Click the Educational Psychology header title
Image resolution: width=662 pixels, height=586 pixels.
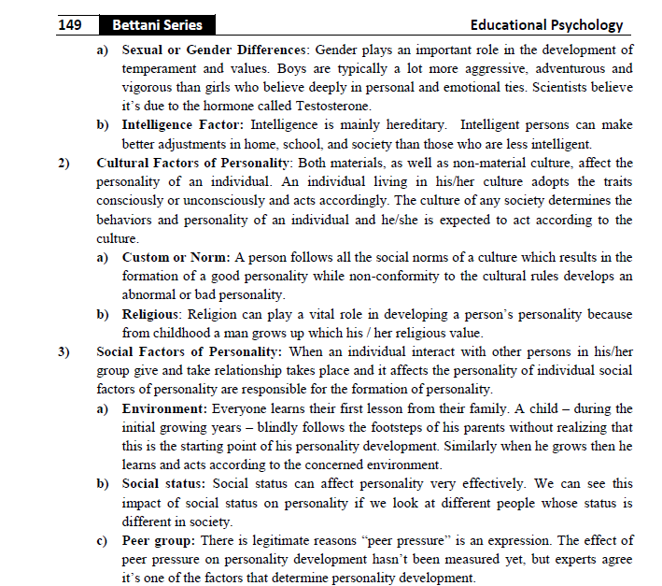click(546, 25)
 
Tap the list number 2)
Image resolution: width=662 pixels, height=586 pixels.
click(64, 163)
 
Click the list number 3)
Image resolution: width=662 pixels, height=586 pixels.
click(64, 351)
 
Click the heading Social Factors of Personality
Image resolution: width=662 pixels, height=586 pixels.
click(189, 351)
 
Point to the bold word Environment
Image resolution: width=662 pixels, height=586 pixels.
click(164, 408)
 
